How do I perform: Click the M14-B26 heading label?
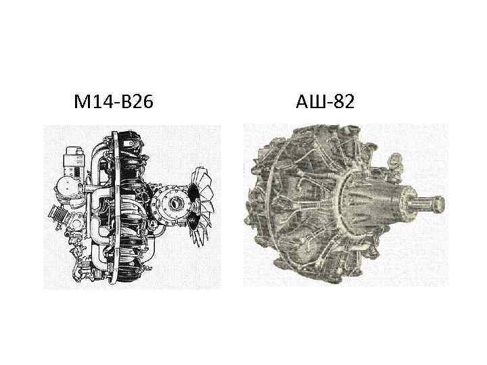[114, 102]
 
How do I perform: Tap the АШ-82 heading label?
[325, 102]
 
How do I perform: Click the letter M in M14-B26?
[80, 102]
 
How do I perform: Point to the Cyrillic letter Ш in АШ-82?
[317, 102]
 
